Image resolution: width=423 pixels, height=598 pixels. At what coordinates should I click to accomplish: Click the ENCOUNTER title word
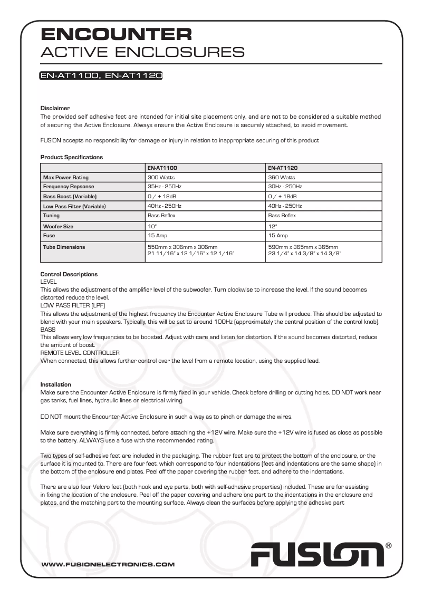pyautogui.click(x=117, y=35)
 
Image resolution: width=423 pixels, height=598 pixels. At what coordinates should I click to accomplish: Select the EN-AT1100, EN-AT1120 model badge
pyautogui.click(x=101, y=76)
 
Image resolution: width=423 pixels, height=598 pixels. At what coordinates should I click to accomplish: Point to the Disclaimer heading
pyautogui.click(x=55, y=108)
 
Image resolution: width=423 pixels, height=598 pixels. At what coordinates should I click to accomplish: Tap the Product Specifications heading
pyautogui.click(x=72, y=157)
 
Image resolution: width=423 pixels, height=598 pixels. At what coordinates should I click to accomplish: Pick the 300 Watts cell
pyautogui.click(x=161, y=178)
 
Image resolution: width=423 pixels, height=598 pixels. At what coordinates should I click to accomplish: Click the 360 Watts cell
pyautogui.click(x=282, y=178)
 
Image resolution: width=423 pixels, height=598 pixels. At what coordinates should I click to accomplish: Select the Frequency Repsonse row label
pyautogui.click(x=69, y=187)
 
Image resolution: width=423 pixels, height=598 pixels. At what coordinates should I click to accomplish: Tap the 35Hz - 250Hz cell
pyautogui.click(x=165, y=187)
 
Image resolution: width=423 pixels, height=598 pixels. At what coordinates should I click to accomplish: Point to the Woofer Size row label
pyautogui.click(x=58, y=226)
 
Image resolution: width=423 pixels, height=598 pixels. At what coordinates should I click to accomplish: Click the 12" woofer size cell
pyautogui.click(x=272, y=226)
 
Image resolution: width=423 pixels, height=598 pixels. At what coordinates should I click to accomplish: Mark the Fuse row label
pyautogui.click(x=49, y=236)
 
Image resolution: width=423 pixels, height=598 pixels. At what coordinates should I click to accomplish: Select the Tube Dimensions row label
pyautogui.click(x=64, y=247)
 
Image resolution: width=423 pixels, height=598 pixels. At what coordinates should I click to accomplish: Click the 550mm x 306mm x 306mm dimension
pyautogui.click(x=182, y=247)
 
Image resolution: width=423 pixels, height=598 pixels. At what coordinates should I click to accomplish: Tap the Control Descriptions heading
pyautogui.click(x=69, y=274)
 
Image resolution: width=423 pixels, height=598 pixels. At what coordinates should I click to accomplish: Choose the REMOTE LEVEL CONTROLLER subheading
pyautogui.click(x=80, y=352)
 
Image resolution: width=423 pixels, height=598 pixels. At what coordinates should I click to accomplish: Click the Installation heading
pyautogui.click(x=56, y=384)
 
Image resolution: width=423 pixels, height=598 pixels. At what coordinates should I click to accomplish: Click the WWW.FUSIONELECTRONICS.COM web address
pyautogui.click(x=108, y=564)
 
